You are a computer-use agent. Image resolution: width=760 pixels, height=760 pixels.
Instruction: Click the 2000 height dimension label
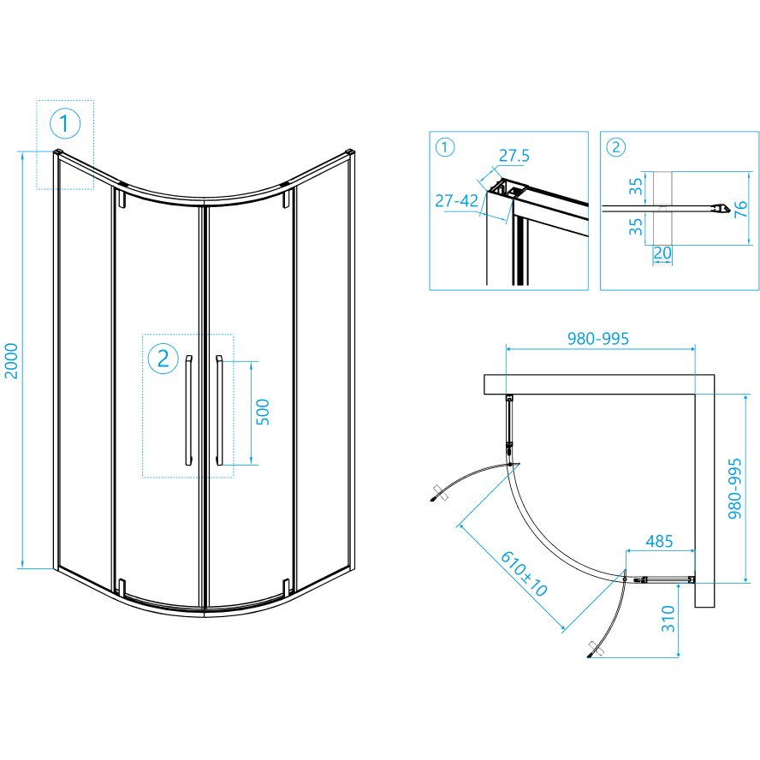click(x=10, y=360)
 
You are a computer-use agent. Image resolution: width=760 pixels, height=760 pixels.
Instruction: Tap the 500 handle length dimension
click(x=262, y=412)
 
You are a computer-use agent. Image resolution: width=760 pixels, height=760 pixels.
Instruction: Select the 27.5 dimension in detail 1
click(x=514, y=156)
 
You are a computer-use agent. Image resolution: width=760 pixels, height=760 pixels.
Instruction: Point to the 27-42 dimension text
click(x=456, y=200)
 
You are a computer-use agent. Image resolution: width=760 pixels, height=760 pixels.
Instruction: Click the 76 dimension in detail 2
click(x=740, y=209)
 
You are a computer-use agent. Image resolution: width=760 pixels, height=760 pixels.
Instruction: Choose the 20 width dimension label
click(x=662, y=252)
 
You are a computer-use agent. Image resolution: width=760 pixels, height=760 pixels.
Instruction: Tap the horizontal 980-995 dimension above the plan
click(x=598, y=338)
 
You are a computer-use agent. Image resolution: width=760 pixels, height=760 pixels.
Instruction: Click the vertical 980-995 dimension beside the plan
click(x=735, y=489)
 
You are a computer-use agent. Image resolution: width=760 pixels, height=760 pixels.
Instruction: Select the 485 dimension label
click(x=659, y=541)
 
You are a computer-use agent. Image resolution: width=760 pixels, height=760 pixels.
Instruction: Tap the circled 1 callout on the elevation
click(x=65, y=123)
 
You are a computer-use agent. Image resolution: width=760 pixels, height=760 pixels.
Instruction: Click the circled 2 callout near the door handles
click(x=163, y=359)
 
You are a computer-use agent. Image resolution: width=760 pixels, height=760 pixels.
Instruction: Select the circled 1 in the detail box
click(x=445, y=147)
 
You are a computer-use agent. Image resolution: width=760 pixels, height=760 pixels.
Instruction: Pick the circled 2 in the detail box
click(x=615, y=147)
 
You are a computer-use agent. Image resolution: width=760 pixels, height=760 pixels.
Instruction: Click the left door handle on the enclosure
click(x=188, y=411)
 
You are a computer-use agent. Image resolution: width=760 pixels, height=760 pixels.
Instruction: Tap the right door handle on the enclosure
click(x=219, y=411)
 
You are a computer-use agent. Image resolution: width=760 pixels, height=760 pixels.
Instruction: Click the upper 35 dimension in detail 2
click(x=635, y=186)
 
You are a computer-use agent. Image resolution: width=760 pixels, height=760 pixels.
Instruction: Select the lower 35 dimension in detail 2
click(x=635, y=226)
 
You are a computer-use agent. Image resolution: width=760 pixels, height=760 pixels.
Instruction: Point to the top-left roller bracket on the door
click(x=121, y=199)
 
